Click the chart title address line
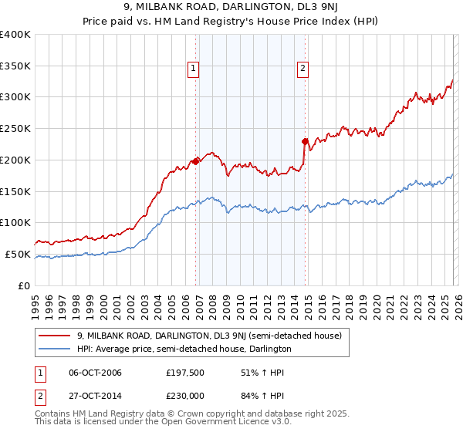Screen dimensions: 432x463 pyautogui.click(x=231, y=7)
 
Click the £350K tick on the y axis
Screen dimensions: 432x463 pyautogui.click(x=15, y=66)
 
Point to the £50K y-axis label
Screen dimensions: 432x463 pyautogui.click(x=18, y=254)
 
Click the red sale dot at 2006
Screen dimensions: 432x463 pyautogui.click(x=196, y=160)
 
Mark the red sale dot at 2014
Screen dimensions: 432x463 pyautogui.click(x=306, y=141)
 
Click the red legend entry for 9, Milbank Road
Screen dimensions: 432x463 pyautogui.click(x=214, y=336)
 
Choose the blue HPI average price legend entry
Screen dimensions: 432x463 pyautogui.click(x=184, y=349)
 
